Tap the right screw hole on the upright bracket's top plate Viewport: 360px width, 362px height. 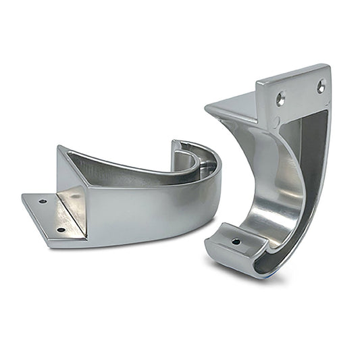pyautogui.click(x=321, y=86)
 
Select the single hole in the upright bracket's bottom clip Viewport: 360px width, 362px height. pyautogui.click(x=236, y=240)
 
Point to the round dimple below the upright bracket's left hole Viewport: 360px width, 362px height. pyautogui.click(x=276, y=122)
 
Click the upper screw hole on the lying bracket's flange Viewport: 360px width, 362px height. pyautogui.click(x=42, y=201)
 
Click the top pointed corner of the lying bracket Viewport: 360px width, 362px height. pyautogui.click(x=60, y=147)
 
